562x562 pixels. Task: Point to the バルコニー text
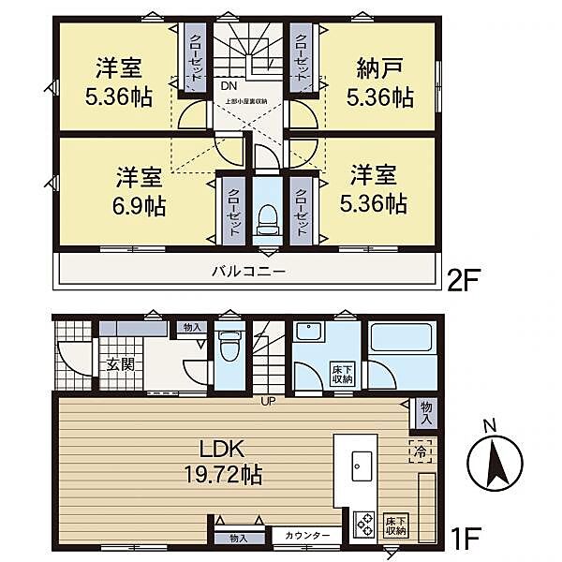[x=247, y=271]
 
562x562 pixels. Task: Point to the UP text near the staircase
[x=267, y=404]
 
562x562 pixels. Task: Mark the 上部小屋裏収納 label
[x=246, y=102]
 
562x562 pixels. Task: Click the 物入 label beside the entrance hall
[x=191, y=328]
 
